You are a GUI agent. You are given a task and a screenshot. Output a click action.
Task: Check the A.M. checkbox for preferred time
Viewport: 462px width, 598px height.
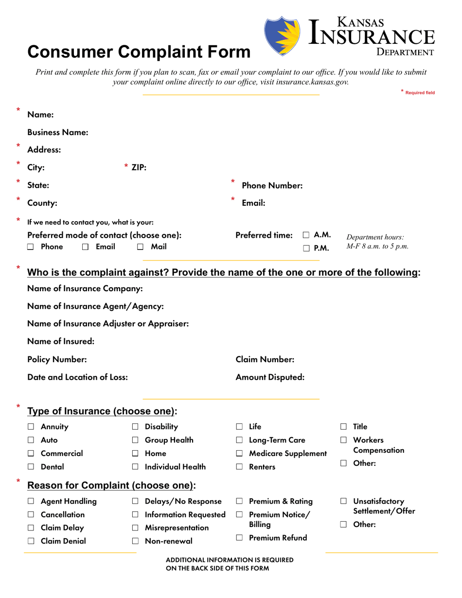click(306, 235)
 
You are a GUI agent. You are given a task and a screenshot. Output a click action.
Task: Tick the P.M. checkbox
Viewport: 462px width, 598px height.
click(306, 249)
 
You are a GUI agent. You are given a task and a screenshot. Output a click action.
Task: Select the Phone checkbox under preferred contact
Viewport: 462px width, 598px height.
click(31, 247)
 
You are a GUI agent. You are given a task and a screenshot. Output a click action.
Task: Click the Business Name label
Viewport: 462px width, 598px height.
click(58, 132)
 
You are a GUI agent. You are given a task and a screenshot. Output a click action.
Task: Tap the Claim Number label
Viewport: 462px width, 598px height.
click(265, 359)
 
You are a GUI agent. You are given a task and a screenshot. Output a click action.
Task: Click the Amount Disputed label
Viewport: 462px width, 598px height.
click(270, 377)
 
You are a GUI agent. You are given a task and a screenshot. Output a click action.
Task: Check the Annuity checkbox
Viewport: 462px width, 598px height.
click(31, 427)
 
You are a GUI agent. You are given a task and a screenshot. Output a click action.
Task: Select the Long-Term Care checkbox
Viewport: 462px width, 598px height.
click(239, 441)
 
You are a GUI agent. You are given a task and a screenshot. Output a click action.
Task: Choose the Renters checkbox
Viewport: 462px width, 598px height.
click(239, 467)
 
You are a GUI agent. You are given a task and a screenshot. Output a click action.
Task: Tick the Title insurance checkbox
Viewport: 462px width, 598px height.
click(343, 427)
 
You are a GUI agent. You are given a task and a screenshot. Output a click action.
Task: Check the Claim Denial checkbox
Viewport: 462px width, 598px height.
click(31, 541)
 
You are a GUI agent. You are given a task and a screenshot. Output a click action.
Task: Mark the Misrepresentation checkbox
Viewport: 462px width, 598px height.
click(135, 528)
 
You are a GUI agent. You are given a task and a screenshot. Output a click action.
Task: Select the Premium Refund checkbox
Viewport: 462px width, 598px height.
click(239, 538)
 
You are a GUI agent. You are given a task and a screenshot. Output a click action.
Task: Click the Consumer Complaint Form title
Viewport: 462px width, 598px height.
click(139, 52)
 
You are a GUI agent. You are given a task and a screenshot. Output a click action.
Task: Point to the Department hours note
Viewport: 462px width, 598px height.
click(377, 242)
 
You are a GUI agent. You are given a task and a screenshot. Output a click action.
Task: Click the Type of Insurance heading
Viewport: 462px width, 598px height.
click(102, 411)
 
